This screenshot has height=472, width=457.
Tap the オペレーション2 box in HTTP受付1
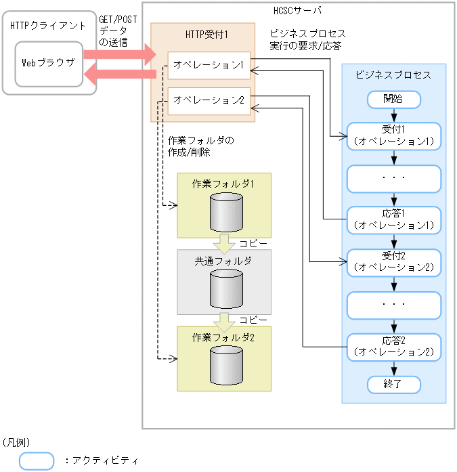pyautogui.click(x=209, y=100)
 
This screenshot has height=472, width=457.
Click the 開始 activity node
pyautogui.click(x=393, y=99)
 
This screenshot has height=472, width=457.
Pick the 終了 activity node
pyautogui.click(x=393, y=384)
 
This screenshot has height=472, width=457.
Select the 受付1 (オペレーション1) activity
pyautogui.click(x=393, y=135)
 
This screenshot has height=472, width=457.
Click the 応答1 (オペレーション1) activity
pyautogui.click(x=393, y=218)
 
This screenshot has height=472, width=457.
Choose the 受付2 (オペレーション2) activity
pyautogui.click(x=393, y=262)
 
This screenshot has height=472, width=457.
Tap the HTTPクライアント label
pyautogui.click(x=48, y=26)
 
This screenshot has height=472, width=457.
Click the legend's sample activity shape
pyautogui.click(x=36, y=460)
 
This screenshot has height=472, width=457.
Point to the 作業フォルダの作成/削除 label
pyautogui.click(x=200, y=147)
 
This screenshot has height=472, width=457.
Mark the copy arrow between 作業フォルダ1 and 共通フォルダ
pyautogui.click(x=224, y=243)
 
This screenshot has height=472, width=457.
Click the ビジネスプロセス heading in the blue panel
pyautogui.click(x=393, y=75)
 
